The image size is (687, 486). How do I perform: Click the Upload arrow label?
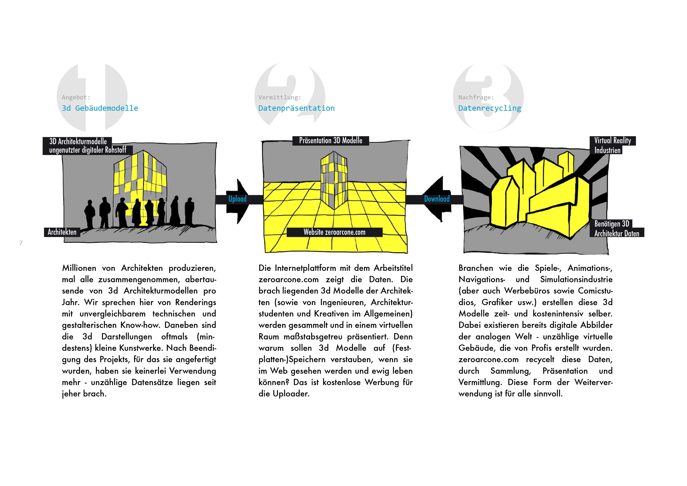click(237, 199)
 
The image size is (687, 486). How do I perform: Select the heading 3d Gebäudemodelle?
click(100, 108)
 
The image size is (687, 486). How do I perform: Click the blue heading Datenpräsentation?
click(296, 108)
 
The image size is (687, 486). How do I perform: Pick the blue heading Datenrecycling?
click(490, 108)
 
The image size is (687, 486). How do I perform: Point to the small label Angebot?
click(76, 97)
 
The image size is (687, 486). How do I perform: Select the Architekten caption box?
click(62, 232)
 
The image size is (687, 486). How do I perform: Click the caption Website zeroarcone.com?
click(334, 232)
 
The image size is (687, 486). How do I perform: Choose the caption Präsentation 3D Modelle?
click(330, 141)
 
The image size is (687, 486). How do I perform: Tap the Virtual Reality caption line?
click(613, 141)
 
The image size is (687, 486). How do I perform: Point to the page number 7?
click(21, 243)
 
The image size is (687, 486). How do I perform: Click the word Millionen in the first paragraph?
click(79, 268)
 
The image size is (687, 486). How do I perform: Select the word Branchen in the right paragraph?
click(475, 268)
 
